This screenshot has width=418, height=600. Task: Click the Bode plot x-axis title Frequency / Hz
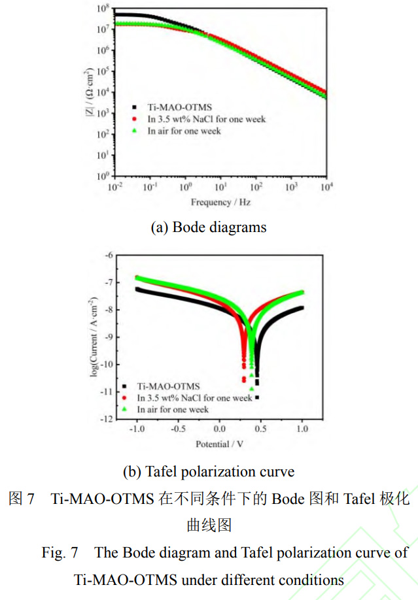pos(220,202)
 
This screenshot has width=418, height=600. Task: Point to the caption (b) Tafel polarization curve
pos(209,471)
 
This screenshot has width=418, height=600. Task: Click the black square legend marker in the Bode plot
pos(134,107)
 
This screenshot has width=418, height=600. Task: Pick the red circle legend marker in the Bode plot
pos(134,119)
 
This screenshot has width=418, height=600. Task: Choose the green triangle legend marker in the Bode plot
pos(134,131)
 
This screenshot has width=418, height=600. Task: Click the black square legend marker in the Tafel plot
pos(124,386)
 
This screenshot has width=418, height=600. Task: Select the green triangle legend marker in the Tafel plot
pos(124,409)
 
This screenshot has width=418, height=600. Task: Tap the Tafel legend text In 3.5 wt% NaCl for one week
pos(194,397)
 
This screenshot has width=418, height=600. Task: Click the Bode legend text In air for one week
pos(184,131)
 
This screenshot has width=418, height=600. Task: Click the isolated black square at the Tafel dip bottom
pos(257,397)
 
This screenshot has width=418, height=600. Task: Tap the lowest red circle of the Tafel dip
pos(244,380)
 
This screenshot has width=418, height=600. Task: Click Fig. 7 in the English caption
pos(60,552)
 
